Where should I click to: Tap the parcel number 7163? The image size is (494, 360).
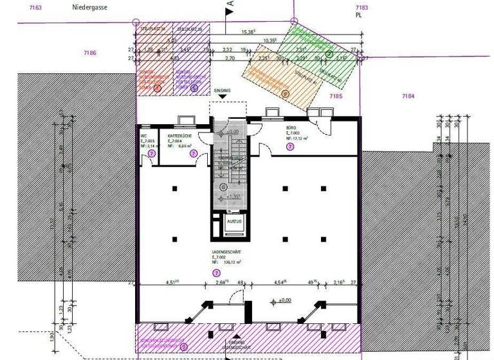pos(35,8)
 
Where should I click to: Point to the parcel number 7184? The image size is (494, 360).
pos(408,96)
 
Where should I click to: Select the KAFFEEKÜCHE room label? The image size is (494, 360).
pos(179,136)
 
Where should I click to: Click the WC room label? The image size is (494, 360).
pos(145,136)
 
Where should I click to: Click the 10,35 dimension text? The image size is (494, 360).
pos(270,40)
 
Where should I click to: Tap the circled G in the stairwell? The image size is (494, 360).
pos(223,186)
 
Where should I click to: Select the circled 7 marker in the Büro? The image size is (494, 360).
pos(291,147)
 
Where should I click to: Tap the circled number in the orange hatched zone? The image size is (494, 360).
pos(286,94)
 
